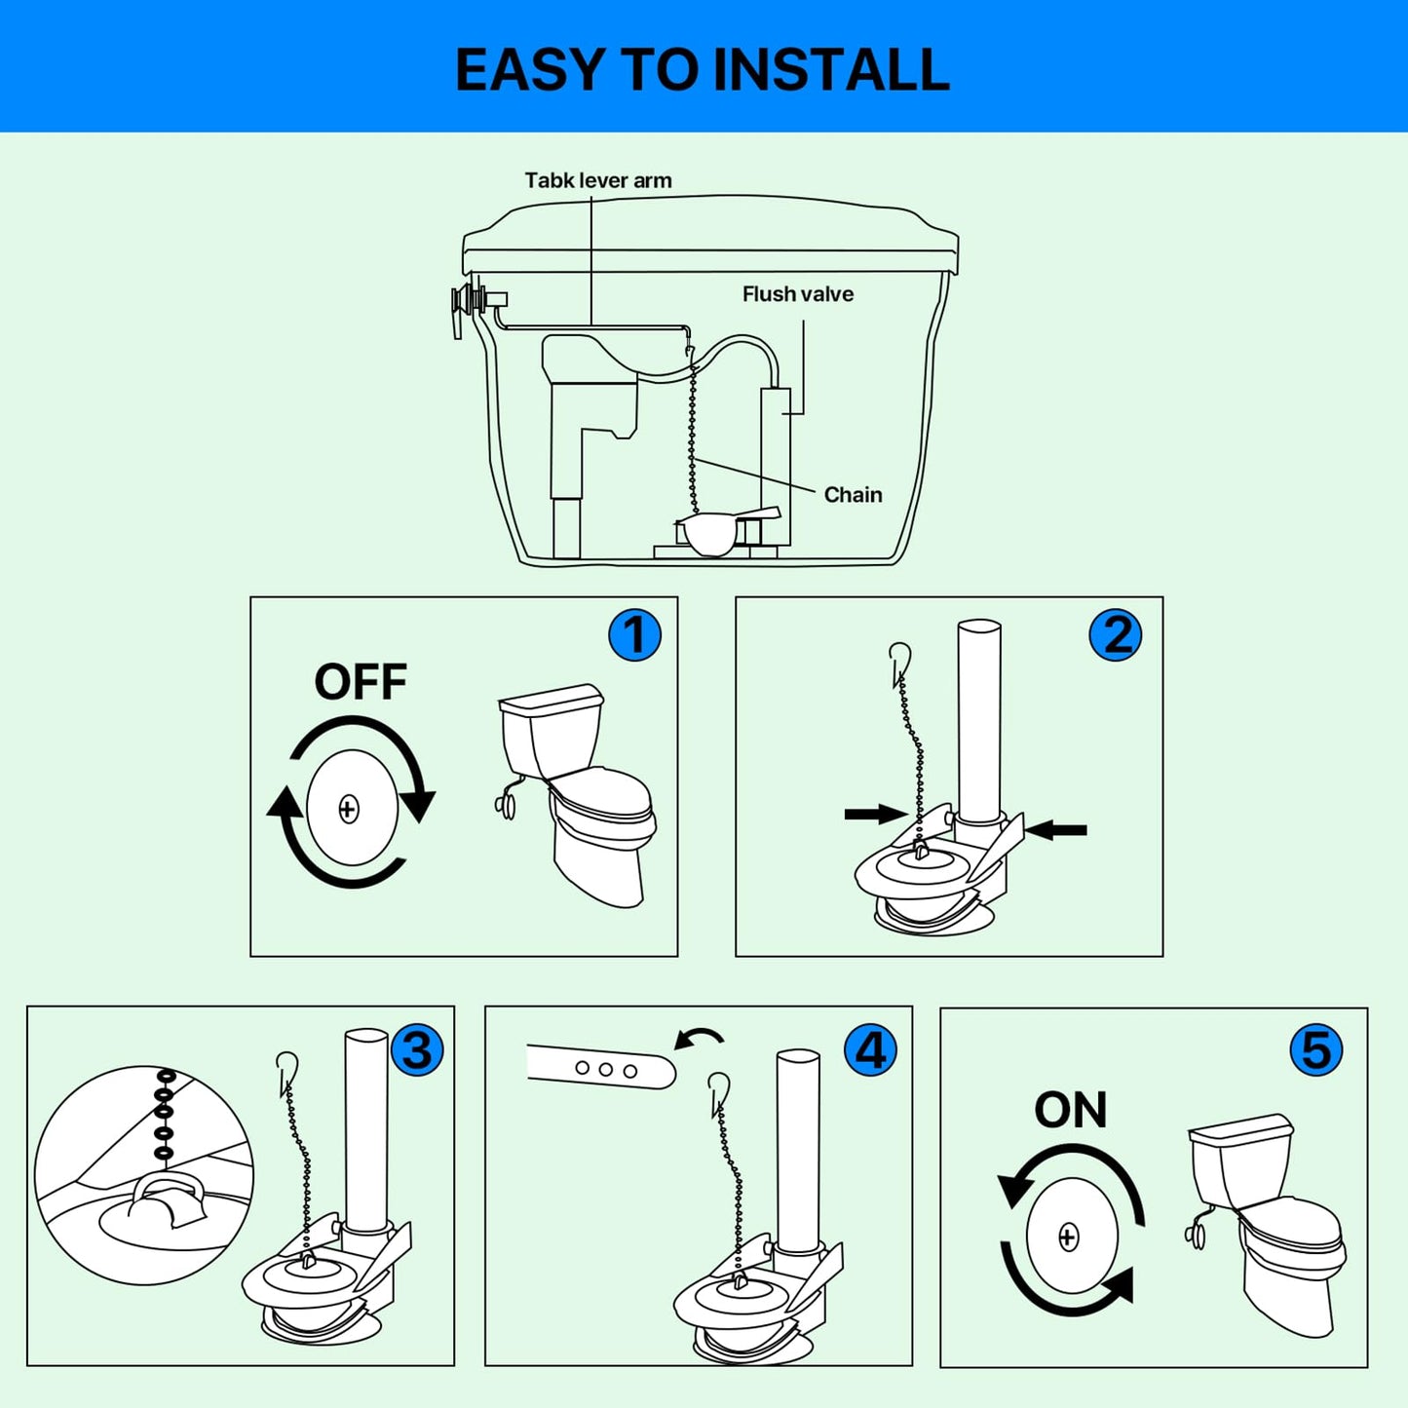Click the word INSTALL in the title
pyautogui.click(x=830, y=70)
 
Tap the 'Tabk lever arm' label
pyautogui.click(x=597, y=180)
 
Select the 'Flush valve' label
pyautogui.click(x=797, y=294)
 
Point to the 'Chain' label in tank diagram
pyautogui.click(x=853, y=495)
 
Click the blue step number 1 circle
pyautogui.click(x=634, y=635)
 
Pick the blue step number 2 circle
pyautogui.click(x=1115, y=635)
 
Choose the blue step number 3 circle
pyautogui.click(x=417, y=1050)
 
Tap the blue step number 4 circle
pyautogui.click(x=870, y=1050)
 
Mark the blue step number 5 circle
pyautogui.click(x=1315, y=1050)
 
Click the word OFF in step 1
pyautogui.click(x=360, y=682)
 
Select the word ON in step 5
pyautogui.click(x=1070, y=1110)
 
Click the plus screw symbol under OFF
pyautogui.click(x=349, y=809)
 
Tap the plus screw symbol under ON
pyautogui.click(x=1068, y=1237)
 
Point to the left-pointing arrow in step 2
pyautogui.click(x=1056, y=830)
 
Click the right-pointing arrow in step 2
pyautogui.click(x=875, y=814)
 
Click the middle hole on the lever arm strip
pyautogui.click(x=605, y=1069)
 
